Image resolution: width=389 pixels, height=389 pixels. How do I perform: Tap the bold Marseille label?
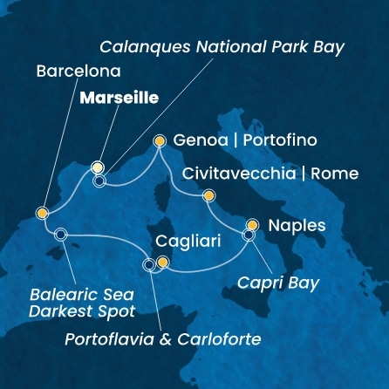119,99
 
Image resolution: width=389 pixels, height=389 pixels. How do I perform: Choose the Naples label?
297,225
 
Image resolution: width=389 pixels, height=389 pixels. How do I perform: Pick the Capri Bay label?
278,283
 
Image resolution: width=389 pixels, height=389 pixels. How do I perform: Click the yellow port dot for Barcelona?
42,212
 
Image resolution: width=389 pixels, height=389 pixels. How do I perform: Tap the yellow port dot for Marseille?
99,167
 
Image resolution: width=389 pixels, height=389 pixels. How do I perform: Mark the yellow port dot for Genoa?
160,140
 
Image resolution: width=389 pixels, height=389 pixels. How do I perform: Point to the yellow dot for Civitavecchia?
208,195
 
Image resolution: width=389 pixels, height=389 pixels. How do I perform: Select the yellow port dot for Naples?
253,224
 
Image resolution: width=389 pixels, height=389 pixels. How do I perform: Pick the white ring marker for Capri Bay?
249,234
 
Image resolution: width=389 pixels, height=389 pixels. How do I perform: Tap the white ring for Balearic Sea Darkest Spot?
60,234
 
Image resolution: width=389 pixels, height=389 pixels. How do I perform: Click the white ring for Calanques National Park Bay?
99,181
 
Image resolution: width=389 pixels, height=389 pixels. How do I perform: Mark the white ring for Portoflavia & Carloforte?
149,264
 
